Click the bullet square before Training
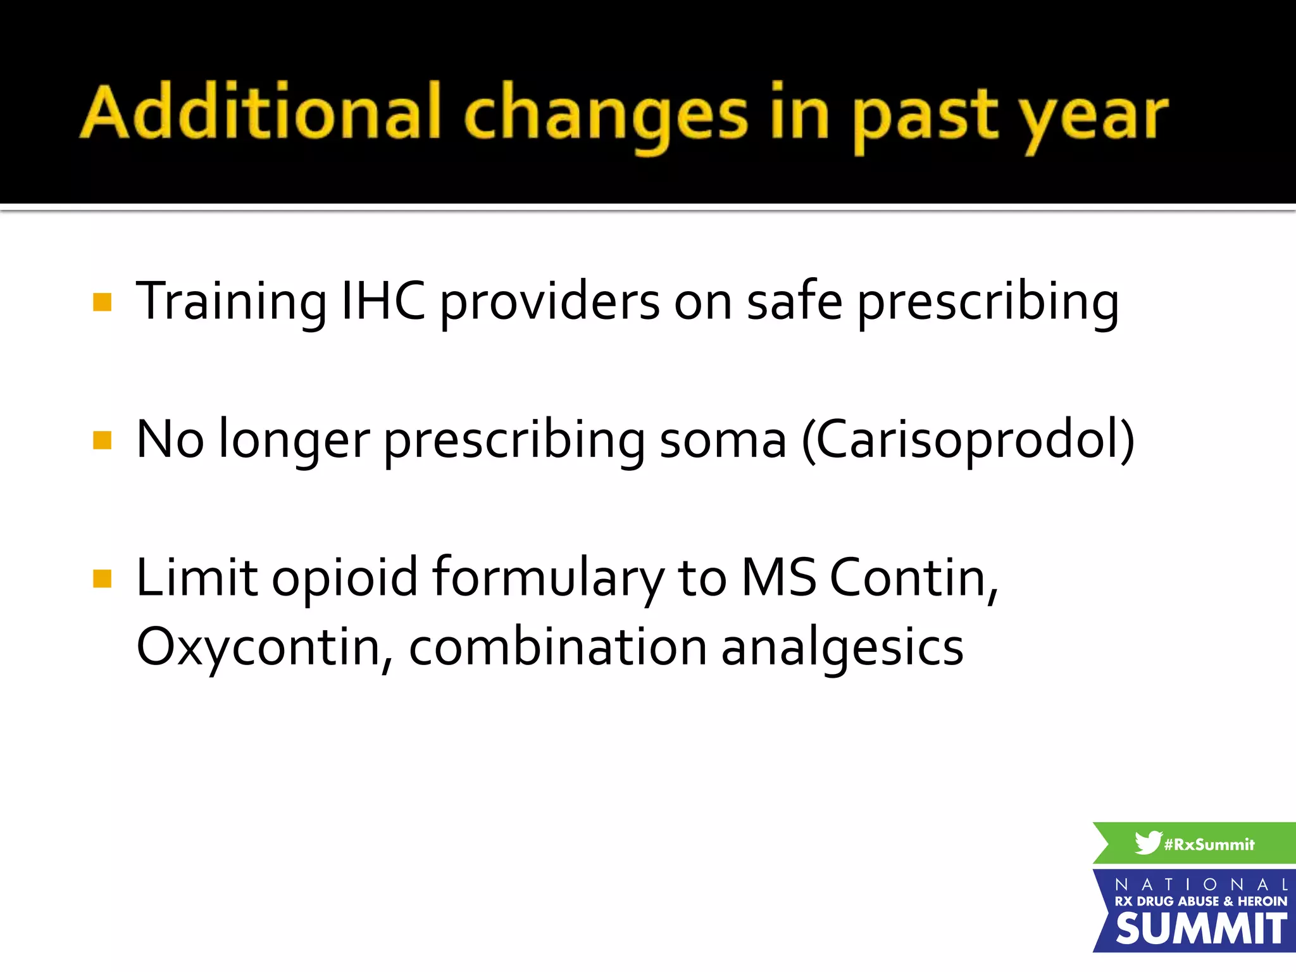tap(102, 302)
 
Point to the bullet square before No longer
tap(102, 440)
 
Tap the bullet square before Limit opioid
tap(102, 578)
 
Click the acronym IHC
tap(383, 301)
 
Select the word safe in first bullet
tap(794, 301)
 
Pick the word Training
tap(232, 302)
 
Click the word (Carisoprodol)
tap(968, 440)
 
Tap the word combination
tap(558, 647)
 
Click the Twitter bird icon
tap(1147, 843)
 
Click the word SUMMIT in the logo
tap(1200, 929)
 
